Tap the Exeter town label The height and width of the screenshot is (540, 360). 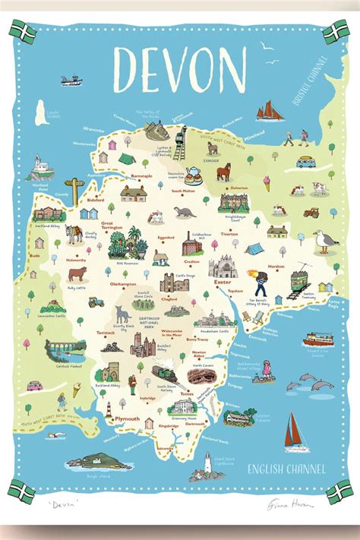coord(222,282)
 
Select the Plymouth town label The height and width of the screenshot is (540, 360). coord(126,418)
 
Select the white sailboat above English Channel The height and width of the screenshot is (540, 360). coord(295,433)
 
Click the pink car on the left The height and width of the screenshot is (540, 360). coord(35,385)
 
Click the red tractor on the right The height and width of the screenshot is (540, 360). coord(311,213)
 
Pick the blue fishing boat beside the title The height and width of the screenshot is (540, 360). coord(72,79)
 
